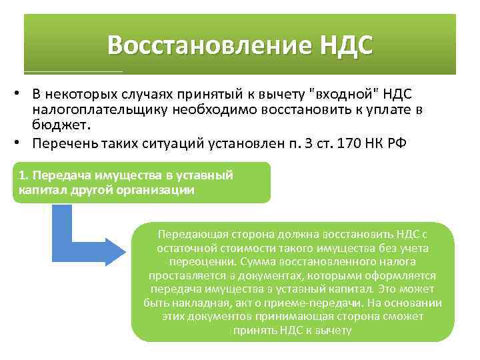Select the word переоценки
click(x=199, y=262)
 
